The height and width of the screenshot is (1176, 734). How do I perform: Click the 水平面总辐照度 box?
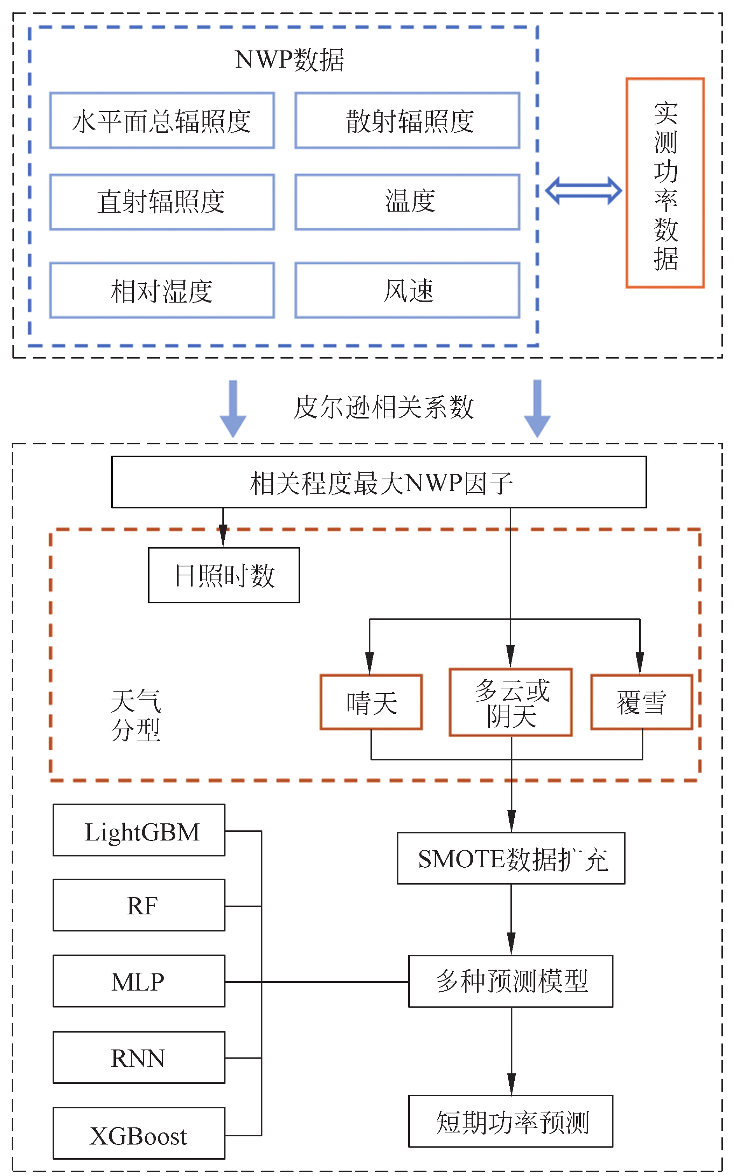(162, 121)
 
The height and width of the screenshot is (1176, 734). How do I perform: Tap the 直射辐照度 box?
(162, 202)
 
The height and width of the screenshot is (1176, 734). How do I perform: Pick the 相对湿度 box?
(162, 290)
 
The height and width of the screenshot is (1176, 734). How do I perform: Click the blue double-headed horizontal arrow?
(583, 190)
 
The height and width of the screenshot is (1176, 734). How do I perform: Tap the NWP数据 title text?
(289, 60)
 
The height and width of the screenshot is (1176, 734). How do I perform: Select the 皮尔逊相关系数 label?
(383, 407)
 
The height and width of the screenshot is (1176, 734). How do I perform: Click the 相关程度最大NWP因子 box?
(379, 482)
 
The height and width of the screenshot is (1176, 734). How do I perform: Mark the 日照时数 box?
(224, 575)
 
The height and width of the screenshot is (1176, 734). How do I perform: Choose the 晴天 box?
(371, 702)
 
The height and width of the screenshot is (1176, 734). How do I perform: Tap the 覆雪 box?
(641, 702)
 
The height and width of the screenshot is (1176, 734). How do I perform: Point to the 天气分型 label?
(135, 715)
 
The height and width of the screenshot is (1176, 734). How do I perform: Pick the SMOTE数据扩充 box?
(511, 859)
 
